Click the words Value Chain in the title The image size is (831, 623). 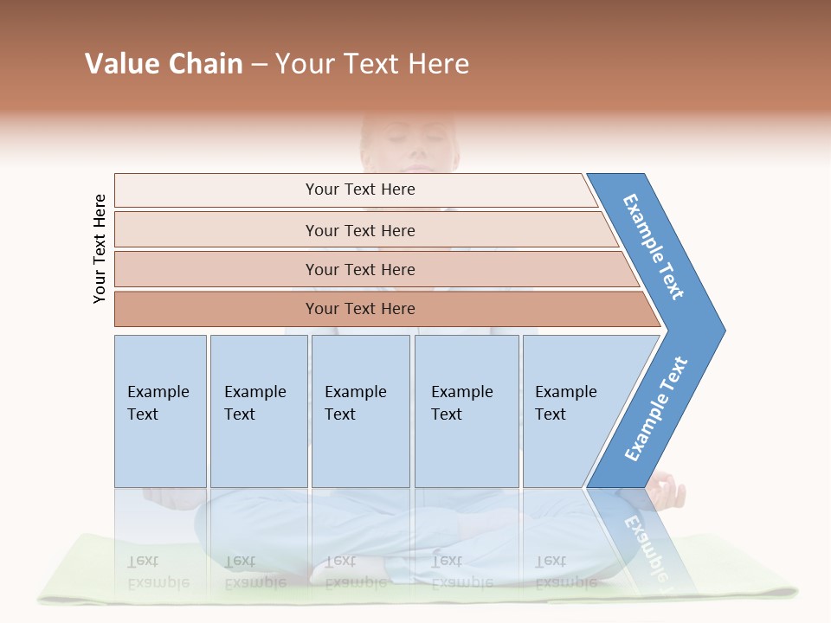pyautogui.click(x=164, y=64)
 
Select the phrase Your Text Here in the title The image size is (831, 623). pyautogui.click(x=372, y=64)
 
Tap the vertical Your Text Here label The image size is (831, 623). pyautogui.click(x=100, y=248)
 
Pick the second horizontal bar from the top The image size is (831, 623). pyautogui.click(x=360, y=230)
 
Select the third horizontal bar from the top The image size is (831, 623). pyautogui.click(x=360, y=269)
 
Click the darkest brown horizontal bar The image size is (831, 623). pyautogui.click(x=360, y=309)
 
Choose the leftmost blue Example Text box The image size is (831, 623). pyautogui.click(x=160, y=411)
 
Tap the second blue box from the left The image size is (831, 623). pyautogui.click(x=258, y=411)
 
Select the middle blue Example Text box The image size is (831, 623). pyautogui.click(x=360, y=411)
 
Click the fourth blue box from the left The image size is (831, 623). pyautogui.click(x=466, y=411)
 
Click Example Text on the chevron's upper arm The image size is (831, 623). pyautogui.click(x=654, y=247)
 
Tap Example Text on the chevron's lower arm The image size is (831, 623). pyautogui.click(x=656, y=408)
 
